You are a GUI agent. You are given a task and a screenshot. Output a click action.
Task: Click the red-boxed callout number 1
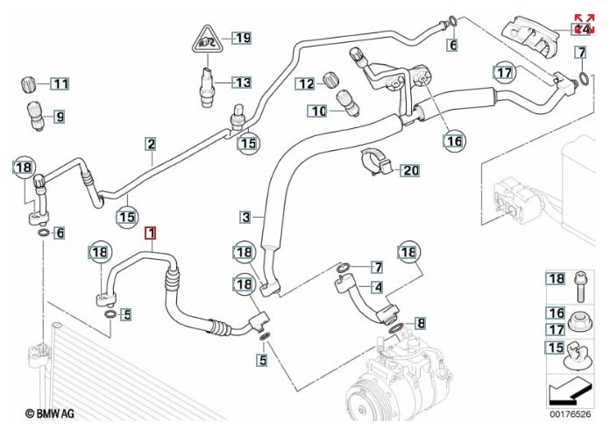(151, 233)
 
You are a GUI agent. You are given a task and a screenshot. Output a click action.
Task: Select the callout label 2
(151, 144)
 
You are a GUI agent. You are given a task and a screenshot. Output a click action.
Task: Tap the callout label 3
(246, 216)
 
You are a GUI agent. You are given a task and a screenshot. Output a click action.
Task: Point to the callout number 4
(377, 286)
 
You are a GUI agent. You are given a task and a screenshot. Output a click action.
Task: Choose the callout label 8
(420, 323)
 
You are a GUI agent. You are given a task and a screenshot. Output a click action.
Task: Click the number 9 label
(60, 115)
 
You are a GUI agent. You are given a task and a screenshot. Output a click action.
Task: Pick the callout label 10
(316, 111)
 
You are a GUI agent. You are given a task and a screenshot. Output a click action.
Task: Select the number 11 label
(59, 84)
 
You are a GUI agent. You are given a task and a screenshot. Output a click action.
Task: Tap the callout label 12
(304, 84)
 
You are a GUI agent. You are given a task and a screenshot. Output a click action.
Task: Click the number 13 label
(241, 83)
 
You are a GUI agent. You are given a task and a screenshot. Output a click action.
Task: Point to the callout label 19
(241, 37)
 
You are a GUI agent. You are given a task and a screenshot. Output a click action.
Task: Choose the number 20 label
(410, 170)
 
